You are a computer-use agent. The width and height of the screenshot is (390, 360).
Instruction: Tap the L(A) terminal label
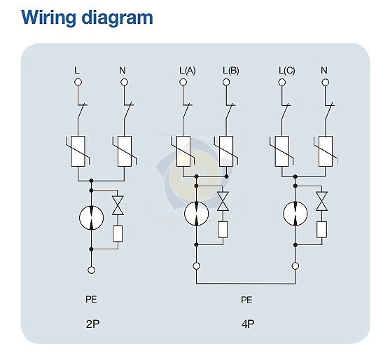point(187,71)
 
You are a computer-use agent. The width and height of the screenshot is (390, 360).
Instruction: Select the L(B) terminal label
point(231,71)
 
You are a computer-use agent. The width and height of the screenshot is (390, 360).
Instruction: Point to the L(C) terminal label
point(287,71)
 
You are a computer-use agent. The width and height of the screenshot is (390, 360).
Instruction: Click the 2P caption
point(93,324)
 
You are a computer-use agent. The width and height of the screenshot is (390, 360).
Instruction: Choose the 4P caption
point(248,324)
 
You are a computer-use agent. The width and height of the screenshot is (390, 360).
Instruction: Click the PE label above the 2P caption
point(91,299)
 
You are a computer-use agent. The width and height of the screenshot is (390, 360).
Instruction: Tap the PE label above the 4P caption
point(246,300)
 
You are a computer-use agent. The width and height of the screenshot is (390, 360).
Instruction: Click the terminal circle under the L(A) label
point(183,82)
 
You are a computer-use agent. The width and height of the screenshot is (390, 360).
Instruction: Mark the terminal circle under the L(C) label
point(281,82)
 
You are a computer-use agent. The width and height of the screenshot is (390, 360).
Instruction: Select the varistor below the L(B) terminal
point(226,151)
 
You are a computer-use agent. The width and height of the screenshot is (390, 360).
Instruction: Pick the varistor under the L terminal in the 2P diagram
point(78,151)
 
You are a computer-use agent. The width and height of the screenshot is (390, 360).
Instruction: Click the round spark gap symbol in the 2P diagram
point(91,218)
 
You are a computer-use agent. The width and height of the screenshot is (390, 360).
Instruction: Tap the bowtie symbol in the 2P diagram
point(118,205)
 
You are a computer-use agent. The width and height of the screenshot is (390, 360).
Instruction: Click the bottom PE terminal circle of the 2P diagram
point(91,270)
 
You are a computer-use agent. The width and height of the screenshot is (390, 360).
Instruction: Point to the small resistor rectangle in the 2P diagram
point(118,234)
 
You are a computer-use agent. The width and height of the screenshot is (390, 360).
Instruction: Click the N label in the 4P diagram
point(324,71)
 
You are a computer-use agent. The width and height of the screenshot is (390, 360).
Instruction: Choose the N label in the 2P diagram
point(123,71)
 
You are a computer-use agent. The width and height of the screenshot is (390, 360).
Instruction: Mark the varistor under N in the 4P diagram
point(326,151)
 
